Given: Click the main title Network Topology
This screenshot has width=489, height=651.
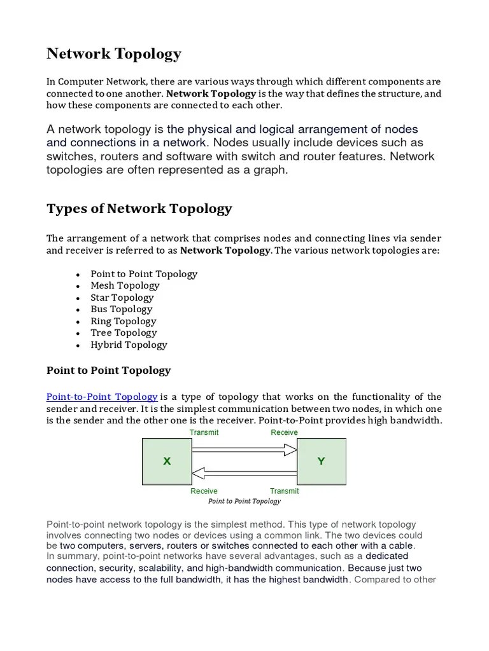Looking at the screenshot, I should coord(114,54).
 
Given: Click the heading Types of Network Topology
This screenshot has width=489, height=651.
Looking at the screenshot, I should coord(139,209).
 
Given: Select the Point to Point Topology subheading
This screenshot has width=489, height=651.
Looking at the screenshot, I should coord(109,370).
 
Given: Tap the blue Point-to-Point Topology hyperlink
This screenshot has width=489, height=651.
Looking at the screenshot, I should coord(102,397).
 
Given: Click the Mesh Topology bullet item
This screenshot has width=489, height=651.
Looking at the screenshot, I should coord(125,285).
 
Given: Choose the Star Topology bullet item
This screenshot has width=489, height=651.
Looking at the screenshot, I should coord(122,298).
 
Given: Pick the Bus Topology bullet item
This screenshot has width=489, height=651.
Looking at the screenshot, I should coord(122,309).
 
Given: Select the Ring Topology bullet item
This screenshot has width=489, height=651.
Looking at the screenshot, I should coord(124,321).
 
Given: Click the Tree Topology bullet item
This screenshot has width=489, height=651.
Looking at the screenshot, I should coord(124,332).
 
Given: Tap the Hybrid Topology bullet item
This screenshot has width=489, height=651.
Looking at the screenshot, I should coord(129,345).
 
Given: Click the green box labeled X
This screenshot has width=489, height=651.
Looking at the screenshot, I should coord(167,462).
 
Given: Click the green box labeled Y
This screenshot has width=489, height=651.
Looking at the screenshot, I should coord(322,462).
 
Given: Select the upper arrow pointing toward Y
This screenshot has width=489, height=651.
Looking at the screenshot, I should coord(244,450).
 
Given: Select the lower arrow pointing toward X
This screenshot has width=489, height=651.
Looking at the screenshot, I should coord(244,472).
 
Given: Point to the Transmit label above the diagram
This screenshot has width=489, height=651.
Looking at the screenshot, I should coord(204,432).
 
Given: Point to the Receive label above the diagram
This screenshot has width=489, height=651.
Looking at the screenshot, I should coord(284,432).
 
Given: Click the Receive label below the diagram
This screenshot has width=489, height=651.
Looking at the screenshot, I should coord(204,491).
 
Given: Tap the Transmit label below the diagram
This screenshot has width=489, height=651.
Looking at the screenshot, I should coord(284,491).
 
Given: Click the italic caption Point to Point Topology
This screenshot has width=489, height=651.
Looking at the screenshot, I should coord(244,501).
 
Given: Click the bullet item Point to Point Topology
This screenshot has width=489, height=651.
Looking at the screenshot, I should coord(144,274).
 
